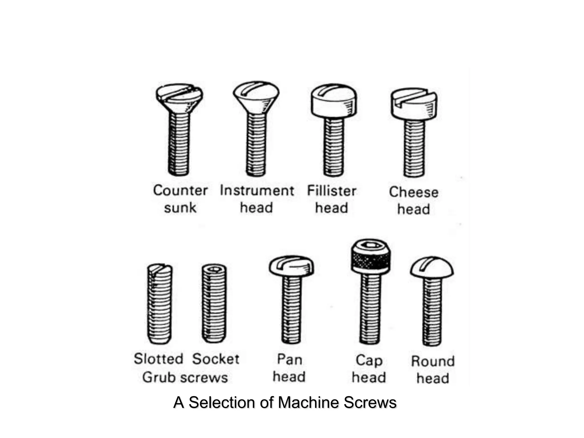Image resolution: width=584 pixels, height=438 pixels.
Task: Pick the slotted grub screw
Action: pyautogui.click(x=159, y=304)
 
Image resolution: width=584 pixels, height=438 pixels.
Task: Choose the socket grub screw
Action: pyautogui.click(x=214, y=304)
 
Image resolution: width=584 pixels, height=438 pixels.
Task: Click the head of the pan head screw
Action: pyautogui.click(x=291, y=266)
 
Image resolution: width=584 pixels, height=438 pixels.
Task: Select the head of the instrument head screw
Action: pyautogui.click(x=256, y=96)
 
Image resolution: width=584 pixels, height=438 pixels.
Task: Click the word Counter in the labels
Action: pyautogui.click(x=180, y=190)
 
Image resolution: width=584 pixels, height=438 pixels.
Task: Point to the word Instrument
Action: pyautogui.click(x=257, y=190)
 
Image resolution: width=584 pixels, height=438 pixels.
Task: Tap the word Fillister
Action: pyautogui.click(x=331, y=191)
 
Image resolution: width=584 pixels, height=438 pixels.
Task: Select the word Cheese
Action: pyautogui.click(x=413, y=192)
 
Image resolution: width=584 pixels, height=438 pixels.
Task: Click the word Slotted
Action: pyautogui.click(x=158, y=359)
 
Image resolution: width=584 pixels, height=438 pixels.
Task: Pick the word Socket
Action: pyautogui.click(x=216, y=359)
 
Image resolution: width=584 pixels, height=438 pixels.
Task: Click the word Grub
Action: pyautogui.click(x=159, y=378)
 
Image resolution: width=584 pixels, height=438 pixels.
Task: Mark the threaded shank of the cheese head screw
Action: pyautogui.click(x=414, y=148)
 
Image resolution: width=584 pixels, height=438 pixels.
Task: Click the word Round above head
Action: pyautogui.click(x=433, y=361)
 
